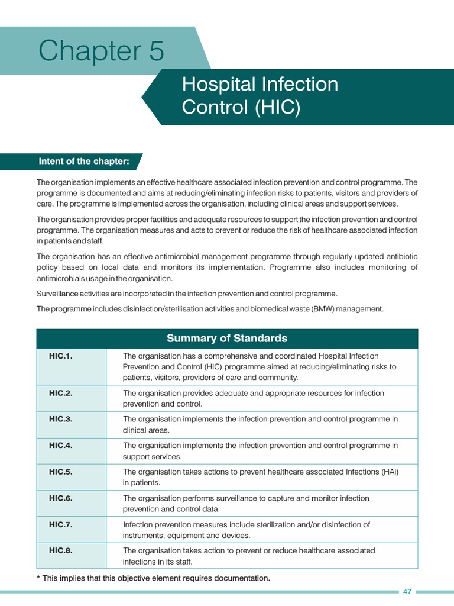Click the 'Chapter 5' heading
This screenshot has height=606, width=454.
coord(101,51)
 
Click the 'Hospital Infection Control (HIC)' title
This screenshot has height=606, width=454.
coord(260,96)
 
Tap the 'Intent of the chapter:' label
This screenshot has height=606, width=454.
coord(84,162)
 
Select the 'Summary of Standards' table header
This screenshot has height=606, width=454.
coord(227,339)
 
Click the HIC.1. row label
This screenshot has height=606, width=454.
coord(61,356)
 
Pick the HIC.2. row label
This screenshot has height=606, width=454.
coord(61,393)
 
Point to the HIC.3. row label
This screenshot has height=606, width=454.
coord(61,419)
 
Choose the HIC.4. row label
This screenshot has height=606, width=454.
coord(61,445)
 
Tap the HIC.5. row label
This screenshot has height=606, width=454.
coord(61,472)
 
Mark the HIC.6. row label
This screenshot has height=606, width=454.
coord(61,498)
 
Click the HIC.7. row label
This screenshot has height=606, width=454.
coord(61,524)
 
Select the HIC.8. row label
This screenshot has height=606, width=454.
coord(61,550)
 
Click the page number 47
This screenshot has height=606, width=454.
coord(407,592)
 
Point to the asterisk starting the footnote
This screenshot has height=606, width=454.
coord(38,578)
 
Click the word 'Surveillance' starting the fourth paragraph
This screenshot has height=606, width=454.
coord(57,294)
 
